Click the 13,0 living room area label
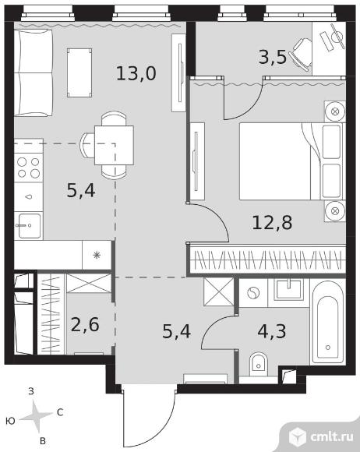coord(136,73)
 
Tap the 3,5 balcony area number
coord(273,57)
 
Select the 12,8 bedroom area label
coord(272,223)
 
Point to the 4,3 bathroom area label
coord(272,331)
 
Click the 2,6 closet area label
coord(85,325)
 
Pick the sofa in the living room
coord(34,72)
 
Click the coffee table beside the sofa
coord(79,72)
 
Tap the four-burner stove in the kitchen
coord(29,168)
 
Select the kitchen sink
coord(29,226)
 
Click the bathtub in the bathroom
coord(328,321)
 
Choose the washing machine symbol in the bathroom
coord(253,293)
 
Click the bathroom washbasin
coord(288,290)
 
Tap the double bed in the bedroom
coord(292,161)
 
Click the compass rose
coord(37,416)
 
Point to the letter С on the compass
coord(60,412)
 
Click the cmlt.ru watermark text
coord(331,436)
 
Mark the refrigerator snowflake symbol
coord(97,255)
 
